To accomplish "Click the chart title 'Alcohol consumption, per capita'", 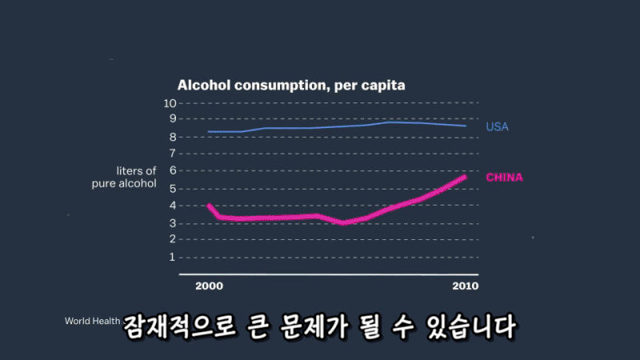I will pyautogui.click(x=291, y=85).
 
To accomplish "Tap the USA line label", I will pyautogui.click(x=497, y=127).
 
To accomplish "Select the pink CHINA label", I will pyautogui.click(x=504, y=177).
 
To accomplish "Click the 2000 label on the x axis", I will pyautogui.click(x=208, y=286).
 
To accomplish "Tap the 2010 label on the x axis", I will pyautogui.click(x=465, y=286).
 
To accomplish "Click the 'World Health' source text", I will pyautogui.click(x=93, y=322).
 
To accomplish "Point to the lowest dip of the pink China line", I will pyautogui.click(x=344, y=222).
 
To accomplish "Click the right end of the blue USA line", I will pyautogui.click(x=466, y=126).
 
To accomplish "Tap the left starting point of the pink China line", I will pyautogui.click(x=209, y=206).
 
